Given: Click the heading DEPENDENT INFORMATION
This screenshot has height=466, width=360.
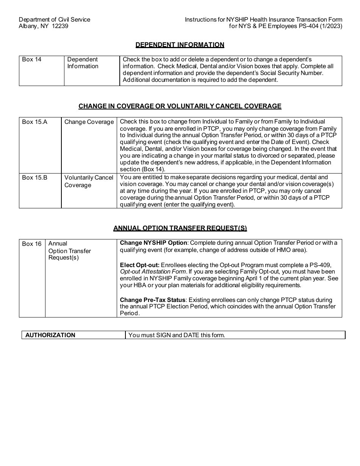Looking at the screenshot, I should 180,45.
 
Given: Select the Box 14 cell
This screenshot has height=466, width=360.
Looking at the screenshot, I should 32,59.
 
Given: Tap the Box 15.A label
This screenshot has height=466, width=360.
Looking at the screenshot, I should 34,122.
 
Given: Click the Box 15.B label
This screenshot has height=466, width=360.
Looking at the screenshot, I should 34,177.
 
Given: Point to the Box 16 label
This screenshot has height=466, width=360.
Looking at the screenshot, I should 32,244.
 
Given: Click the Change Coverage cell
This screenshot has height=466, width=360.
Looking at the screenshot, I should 89,122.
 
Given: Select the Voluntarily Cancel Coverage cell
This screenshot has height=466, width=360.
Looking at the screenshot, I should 89,181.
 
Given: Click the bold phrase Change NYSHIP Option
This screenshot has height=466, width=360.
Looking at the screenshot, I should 153,243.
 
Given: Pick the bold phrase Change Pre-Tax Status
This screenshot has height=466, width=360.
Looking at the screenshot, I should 150,300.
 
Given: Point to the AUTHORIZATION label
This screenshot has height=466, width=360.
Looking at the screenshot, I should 50,335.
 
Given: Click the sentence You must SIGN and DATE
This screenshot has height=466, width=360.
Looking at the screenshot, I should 177,335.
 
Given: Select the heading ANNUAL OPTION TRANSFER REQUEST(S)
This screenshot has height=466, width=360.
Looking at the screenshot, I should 180,228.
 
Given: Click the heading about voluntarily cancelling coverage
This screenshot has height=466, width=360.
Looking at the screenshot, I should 180,106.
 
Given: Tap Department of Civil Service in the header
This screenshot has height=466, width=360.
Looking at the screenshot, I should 55,19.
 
